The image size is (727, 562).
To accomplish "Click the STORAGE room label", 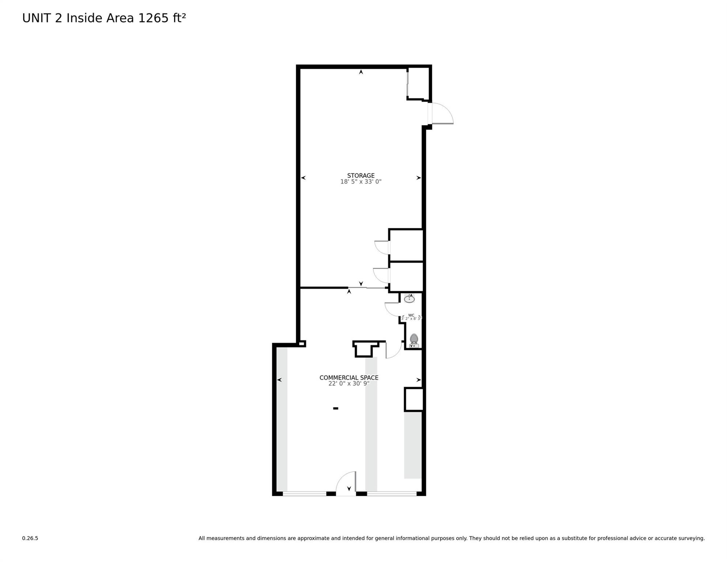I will tap(361, 176).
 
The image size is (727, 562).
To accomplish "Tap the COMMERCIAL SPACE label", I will tap(349, 378).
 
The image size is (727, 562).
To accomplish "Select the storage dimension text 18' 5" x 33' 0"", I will tap(361, 182).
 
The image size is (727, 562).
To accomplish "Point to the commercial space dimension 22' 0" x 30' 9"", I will tap(349, 384).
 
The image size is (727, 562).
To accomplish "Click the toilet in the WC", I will tap(414, 340).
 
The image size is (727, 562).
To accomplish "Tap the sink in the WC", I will tap(409, 299).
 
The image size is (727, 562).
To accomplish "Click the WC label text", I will tap(411, 315).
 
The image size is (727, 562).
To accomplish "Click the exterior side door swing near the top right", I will tap(442, 114).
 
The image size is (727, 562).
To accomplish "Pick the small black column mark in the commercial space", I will tap(335, 408).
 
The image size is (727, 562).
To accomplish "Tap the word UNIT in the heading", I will tap(36, 18).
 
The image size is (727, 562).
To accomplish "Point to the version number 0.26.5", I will tap(30, 538).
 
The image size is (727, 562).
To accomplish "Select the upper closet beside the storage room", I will tap(406, 245).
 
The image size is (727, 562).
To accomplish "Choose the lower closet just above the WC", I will tap(406, 277).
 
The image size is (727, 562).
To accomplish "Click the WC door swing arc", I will tap(392, 310).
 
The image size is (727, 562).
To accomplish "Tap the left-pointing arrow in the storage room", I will tap(303, 178).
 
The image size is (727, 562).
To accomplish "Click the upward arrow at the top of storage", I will tap(361, 72).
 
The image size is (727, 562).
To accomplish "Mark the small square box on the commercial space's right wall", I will tap(414, 400).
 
